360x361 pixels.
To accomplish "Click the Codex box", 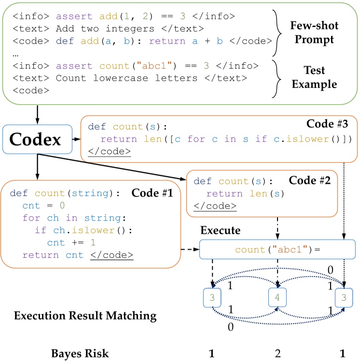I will click(x=37, y=140).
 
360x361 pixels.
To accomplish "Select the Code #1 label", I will click(x=154, y=193).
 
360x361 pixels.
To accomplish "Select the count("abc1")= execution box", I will click(x=277, y=250).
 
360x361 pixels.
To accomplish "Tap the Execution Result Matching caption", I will click(x=85, y=316).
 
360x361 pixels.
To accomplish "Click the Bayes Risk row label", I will click(x=80, y=353).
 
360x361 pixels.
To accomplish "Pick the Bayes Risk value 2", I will click(x=277, y=353).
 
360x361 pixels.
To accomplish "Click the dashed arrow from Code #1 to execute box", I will click(x=189, y=250).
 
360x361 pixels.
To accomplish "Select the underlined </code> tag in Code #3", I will click(x=109, y=152).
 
